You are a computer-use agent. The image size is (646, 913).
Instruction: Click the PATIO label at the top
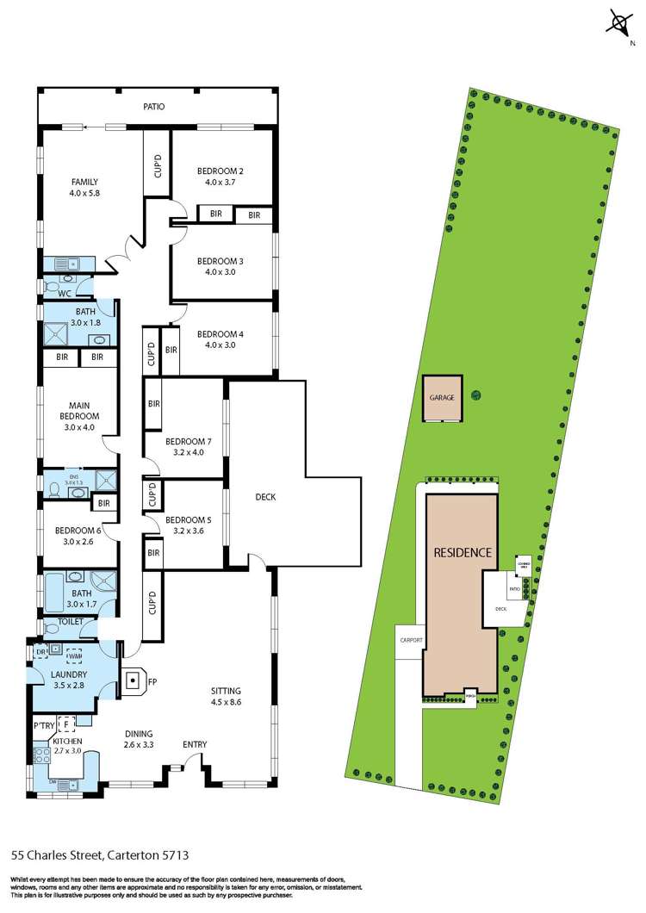tap(154, 107)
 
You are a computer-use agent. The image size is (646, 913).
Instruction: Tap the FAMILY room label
tap(84, 182)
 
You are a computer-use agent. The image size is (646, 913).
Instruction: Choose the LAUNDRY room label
tap(66, 674)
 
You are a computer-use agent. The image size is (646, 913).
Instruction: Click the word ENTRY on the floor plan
tap(195, 745)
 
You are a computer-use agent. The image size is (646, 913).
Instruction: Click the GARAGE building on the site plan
tap(442, 398)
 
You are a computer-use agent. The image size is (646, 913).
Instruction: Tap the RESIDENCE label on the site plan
tap(463, 552)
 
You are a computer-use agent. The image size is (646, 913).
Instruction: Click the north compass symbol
tap(618, 23)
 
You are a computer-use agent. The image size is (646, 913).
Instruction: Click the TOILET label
tap(69, 620)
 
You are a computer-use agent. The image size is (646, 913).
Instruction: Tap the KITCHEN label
tap(66, 740)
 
